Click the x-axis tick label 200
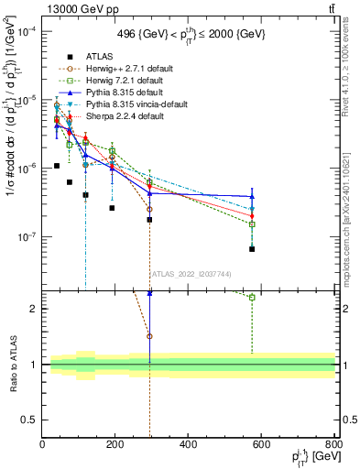tap(115, 444)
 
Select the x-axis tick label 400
tap(189, 444)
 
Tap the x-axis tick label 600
tap(262, 444)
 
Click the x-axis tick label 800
tap(333, 444)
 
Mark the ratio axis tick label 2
tap(35, 309)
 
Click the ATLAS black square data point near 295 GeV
tap(149, 220)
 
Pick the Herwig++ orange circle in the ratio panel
tap(149, 336)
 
